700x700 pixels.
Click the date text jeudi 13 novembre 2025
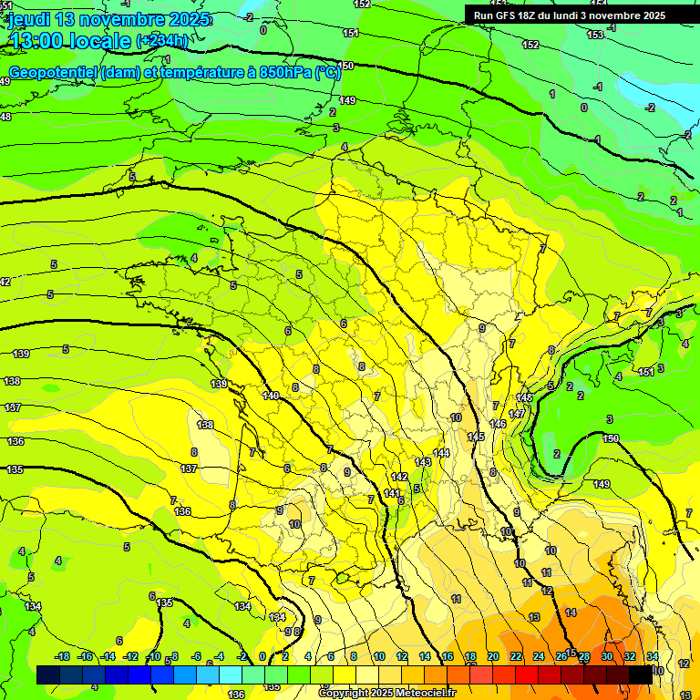click(109, 19)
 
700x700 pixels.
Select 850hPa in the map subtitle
click(282, 73)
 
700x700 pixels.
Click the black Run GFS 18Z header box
click(570, 15)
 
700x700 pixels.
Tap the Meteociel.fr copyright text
click(387, 694)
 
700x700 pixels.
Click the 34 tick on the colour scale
click(653, 656)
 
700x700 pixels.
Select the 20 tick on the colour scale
click(493, 656)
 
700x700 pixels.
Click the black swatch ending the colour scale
click(641, 674)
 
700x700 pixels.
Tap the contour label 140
click(271, 396)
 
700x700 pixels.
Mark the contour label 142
click(399, 477)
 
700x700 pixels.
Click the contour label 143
click(423, 462)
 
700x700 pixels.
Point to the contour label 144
click(442, 453)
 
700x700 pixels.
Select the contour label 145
click(476, 437)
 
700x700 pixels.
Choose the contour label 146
click(498, 424)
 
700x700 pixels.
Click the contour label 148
click(524, 398)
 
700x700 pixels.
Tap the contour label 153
click(595, 35)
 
